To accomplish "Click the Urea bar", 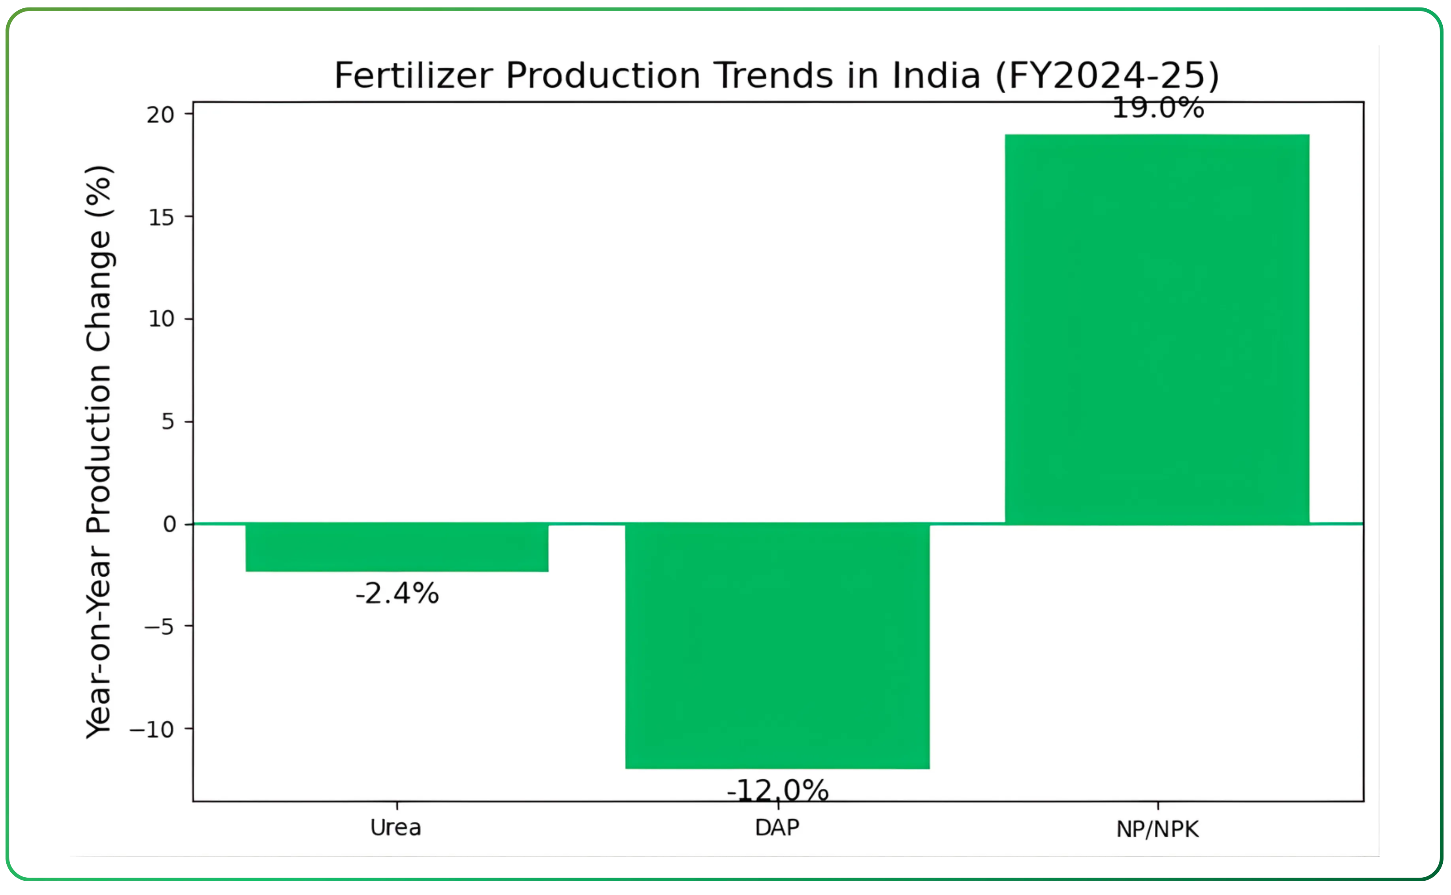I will click(x=397, y=547).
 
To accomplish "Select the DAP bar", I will click(x=777, y=646).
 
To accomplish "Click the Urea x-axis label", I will click(x=395, y=827).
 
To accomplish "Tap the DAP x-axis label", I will click(x=777, y=827).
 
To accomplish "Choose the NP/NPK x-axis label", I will click(x=1157, y=829).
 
